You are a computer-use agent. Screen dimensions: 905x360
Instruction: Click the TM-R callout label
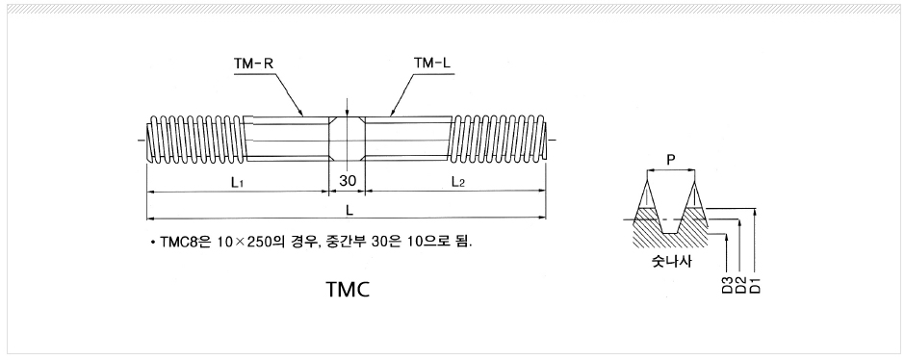[x=253, y=64]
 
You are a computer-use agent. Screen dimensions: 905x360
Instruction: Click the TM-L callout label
[x=431, y=63]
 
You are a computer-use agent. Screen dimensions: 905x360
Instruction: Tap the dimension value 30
[x=348, y=181]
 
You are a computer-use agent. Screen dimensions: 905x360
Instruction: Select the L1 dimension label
[x=236, y=182]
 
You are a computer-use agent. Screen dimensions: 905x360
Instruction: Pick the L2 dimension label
[x=457, y=182]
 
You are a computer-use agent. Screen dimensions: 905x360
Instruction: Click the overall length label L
[x=349, y=211]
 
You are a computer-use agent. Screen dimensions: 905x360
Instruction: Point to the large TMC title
[x=348, y=289]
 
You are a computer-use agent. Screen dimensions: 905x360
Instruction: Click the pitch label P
[x=670, y=160]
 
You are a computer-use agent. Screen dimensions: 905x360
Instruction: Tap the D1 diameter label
[x=756, y=285]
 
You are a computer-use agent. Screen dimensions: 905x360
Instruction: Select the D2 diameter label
[x=741, y=285]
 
